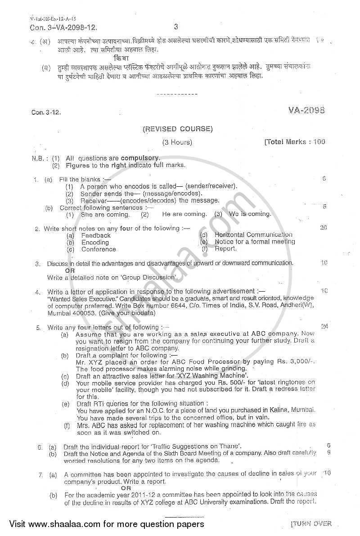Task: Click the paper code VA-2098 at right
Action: pos(308,110)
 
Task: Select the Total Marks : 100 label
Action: pos(296,142)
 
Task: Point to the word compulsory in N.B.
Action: pos(140,158)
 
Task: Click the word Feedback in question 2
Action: pos(96,235)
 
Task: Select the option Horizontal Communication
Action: pos(253,234)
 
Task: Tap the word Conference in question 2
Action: pos(99,249)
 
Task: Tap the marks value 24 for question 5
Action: pos(324,325)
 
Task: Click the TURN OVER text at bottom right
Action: pos(311,523)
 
